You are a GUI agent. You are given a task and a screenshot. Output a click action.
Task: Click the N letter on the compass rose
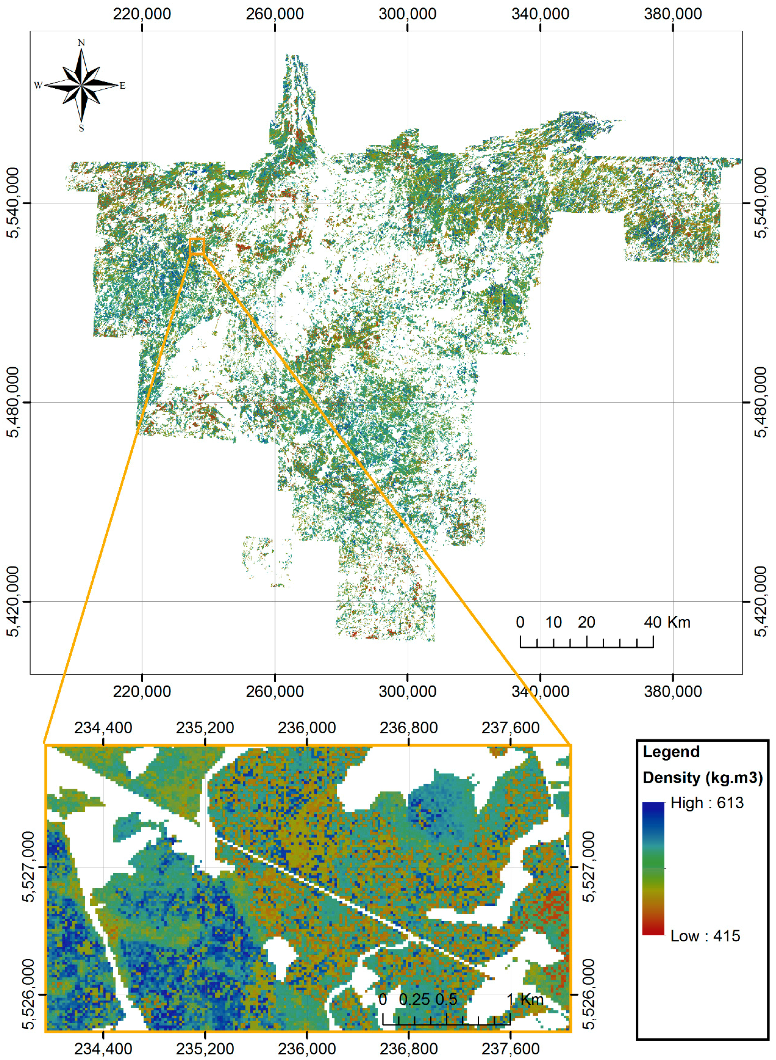pyautogui.click(x=81, y=43)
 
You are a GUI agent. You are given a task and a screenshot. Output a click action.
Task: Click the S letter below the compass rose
pyautogui.click(x=81, y=128)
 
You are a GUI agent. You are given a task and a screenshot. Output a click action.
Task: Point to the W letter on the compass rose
pyautogui.click(x=38, y=85)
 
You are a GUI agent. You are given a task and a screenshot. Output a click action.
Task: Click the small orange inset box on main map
pyautogui.click(x=197, y=246)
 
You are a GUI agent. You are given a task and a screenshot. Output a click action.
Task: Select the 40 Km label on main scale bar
pyautogui.click(x=667, y=622)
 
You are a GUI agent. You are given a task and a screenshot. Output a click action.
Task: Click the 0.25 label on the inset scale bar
pyautogui.click(x=414, y=999)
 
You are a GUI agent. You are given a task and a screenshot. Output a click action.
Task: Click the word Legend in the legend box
pyautogui.click(x=671, y=752)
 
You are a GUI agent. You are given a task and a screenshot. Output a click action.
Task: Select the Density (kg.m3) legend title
pyautogui.click(x=702, y=778)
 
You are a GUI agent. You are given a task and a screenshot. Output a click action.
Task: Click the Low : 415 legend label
pyautogui.click(x=705, y=936)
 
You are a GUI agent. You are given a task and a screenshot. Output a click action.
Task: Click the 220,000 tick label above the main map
pyautogui.click(x=142, y=14)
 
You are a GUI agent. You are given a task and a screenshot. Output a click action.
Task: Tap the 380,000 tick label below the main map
pyautogui.click(x=673, y=692)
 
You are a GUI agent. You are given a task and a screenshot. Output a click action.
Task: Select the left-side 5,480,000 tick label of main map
pyautogui.click(x=14, y=402)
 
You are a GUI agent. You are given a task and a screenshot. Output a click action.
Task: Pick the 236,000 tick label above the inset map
pyautogui.click(x=307, y=728)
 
